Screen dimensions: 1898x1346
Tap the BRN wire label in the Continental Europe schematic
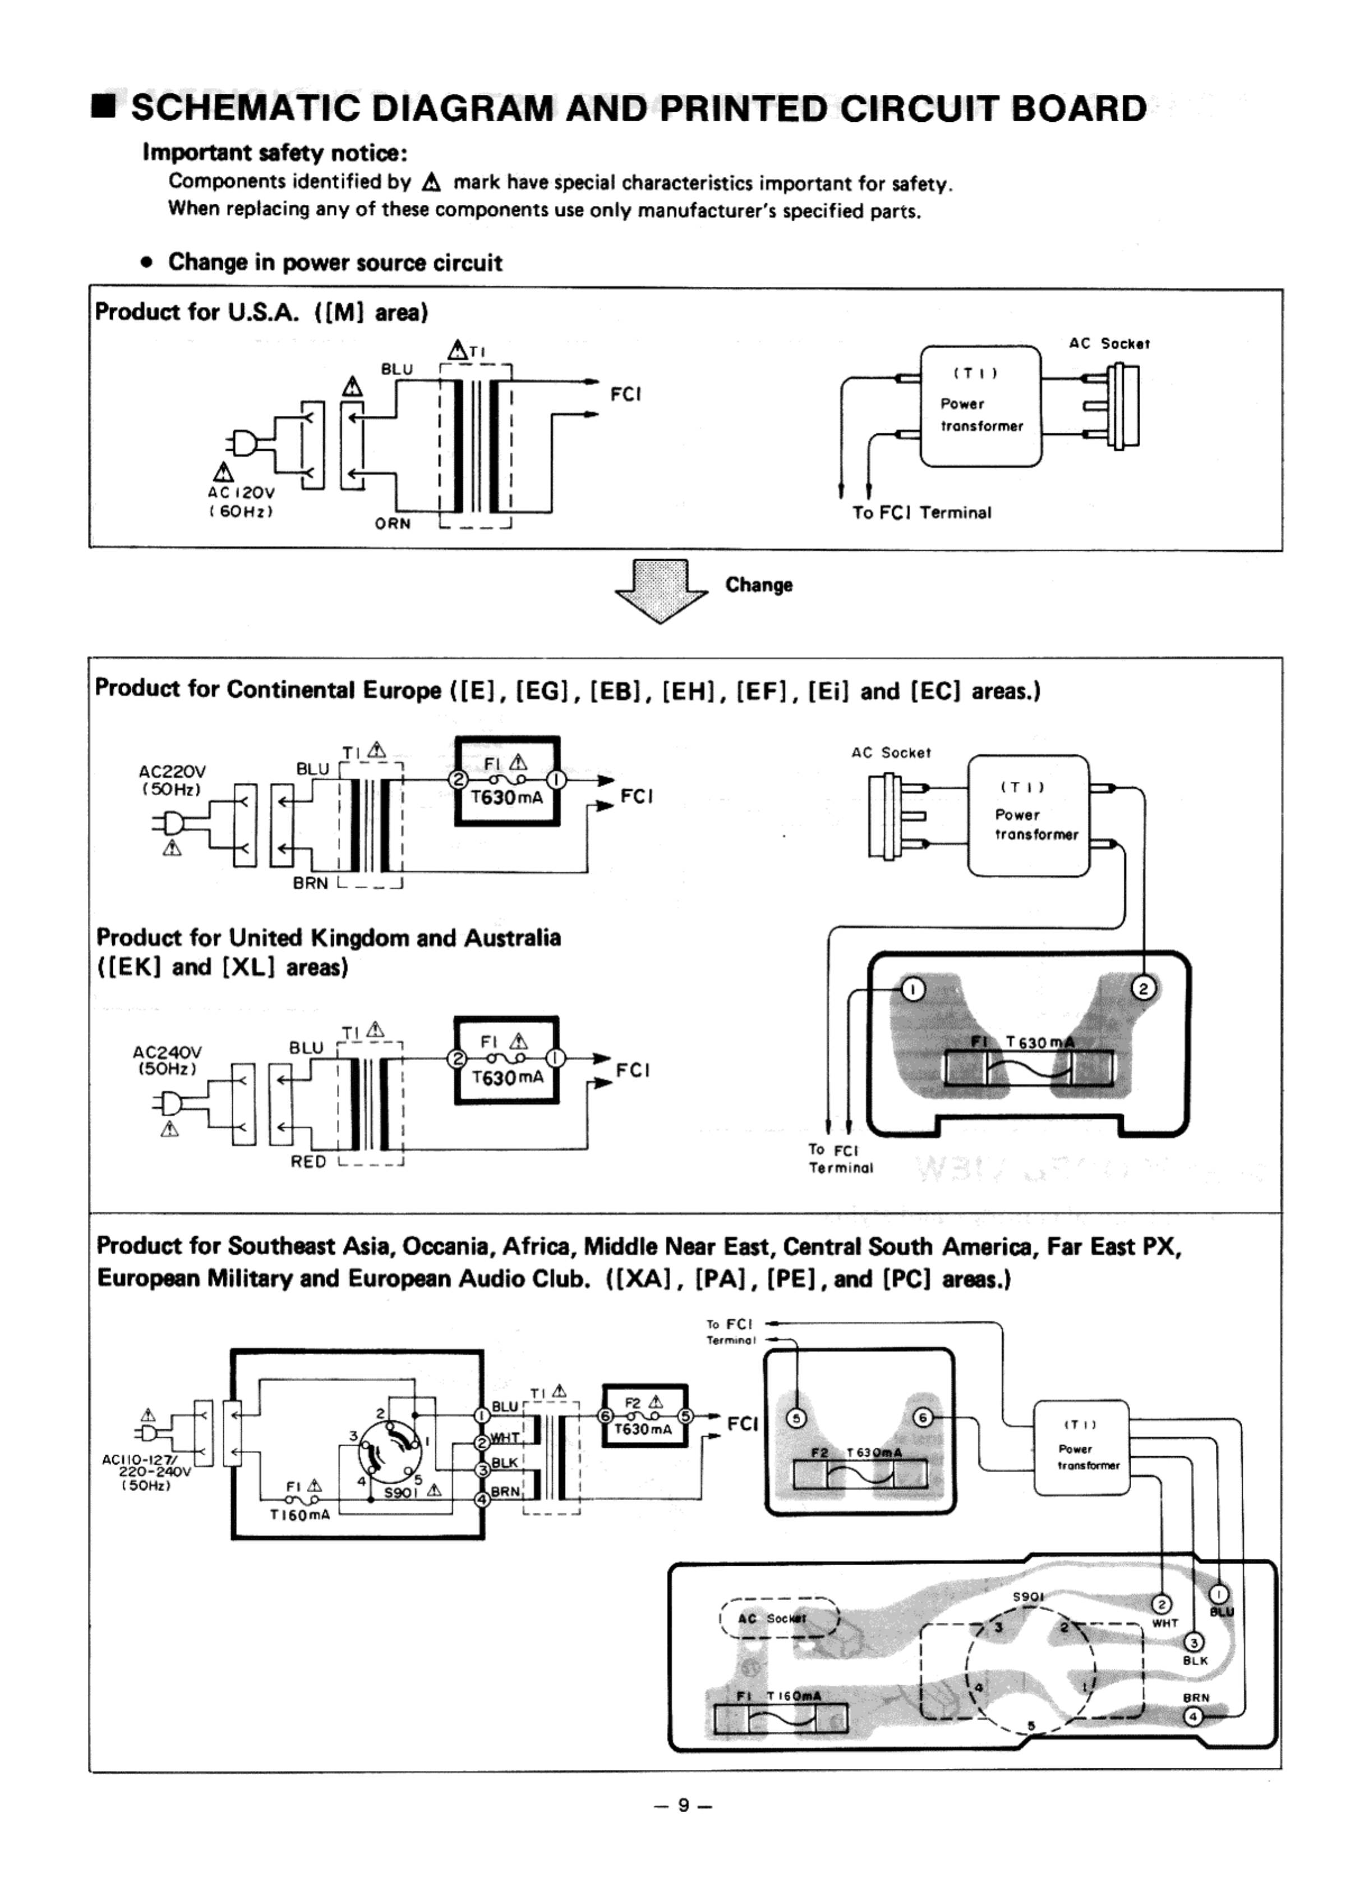pyautogui.click(x=311, y=883)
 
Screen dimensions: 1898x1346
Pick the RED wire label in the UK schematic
pyautogui.click(x=308, y=1162)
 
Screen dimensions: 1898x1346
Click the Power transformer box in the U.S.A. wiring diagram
pyautogui.click(x=980, y=406)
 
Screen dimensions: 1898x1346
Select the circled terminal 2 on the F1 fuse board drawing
pyautogui.click(x=1144, y=988)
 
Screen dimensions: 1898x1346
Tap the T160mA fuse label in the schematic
pyautogui.click(x=300, y=1515)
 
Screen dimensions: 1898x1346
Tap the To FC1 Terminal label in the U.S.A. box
pyautogui.click(x=921, y=512)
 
